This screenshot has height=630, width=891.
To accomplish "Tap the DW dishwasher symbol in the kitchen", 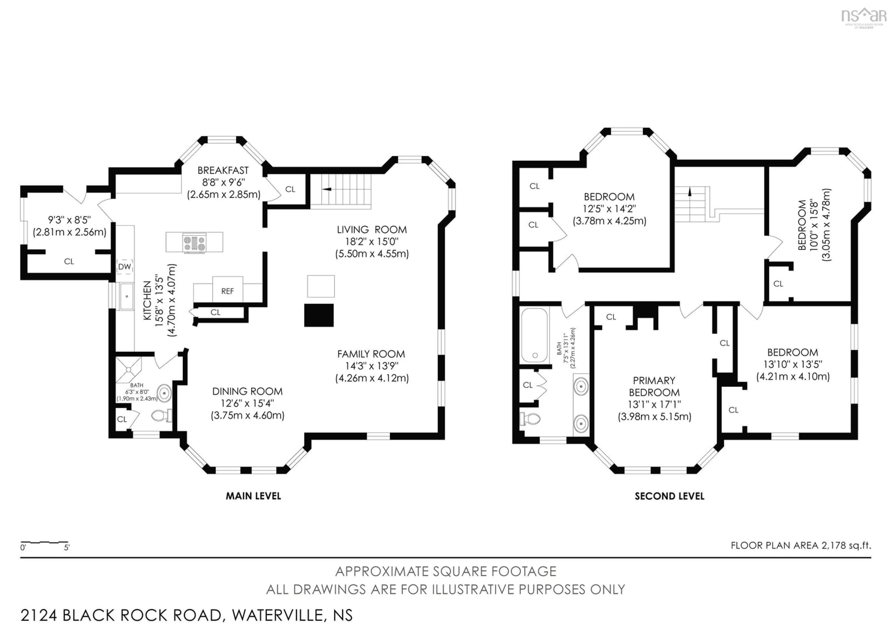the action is coord(125,267).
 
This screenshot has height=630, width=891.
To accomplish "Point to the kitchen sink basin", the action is coord(126,296).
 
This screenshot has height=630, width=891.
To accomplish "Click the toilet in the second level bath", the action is coord(530,419).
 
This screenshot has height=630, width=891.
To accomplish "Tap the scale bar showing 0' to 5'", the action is coord(45,542).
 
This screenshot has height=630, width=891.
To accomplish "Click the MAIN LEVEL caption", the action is coord(253,496).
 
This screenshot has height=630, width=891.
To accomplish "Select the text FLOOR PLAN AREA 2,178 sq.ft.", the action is coord(801,545).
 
